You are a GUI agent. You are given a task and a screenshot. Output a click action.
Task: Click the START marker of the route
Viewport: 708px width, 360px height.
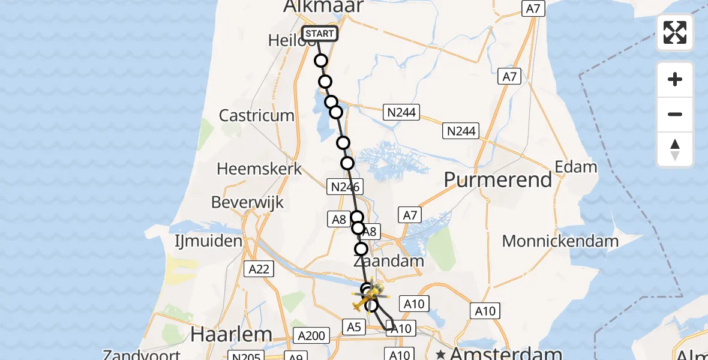[x=320, y=34]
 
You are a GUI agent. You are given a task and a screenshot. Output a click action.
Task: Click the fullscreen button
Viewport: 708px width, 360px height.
[x=675, y=32]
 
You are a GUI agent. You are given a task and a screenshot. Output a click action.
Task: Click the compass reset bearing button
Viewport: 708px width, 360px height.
[x=675, y=149]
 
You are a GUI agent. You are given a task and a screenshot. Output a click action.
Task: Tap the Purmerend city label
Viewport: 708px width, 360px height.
[x=499, y=179]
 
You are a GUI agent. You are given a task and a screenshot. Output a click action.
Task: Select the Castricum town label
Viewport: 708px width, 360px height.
[x=257, y=115]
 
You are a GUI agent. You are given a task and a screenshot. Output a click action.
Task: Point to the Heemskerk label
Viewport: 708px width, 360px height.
[x=260, y=169]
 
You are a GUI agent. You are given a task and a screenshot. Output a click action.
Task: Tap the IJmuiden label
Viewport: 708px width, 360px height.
[x=209, y=242]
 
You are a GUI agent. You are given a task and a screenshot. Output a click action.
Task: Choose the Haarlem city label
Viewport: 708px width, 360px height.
[x=232, y=334]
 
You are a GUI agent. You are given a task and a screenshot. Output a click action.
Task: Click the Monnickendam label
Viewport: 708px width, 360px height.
[x=560, y=241]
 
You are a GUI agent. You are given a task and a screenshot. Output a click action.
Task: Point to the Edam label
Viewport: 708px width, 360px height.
[x=576, y=166]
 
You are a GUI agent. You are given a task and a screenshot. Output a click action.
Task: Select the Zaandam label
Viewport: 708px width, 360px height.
[x=389, y=262]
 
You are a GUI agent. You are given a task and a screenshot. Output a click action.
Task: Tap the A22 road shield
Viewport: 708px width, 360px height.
[x=259, y=270]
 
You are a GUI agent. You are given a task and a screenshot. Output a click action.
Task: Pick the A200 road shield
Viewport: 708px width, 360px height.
[x=311, y=335]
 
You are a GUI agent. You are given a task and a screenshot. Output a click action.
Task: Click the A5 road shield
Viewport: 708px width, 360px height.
[x=353, y=326]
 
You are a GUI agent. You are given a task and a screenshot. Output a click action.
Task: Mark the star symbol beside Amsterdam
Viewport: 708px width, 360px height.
[x=441, y=353]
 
